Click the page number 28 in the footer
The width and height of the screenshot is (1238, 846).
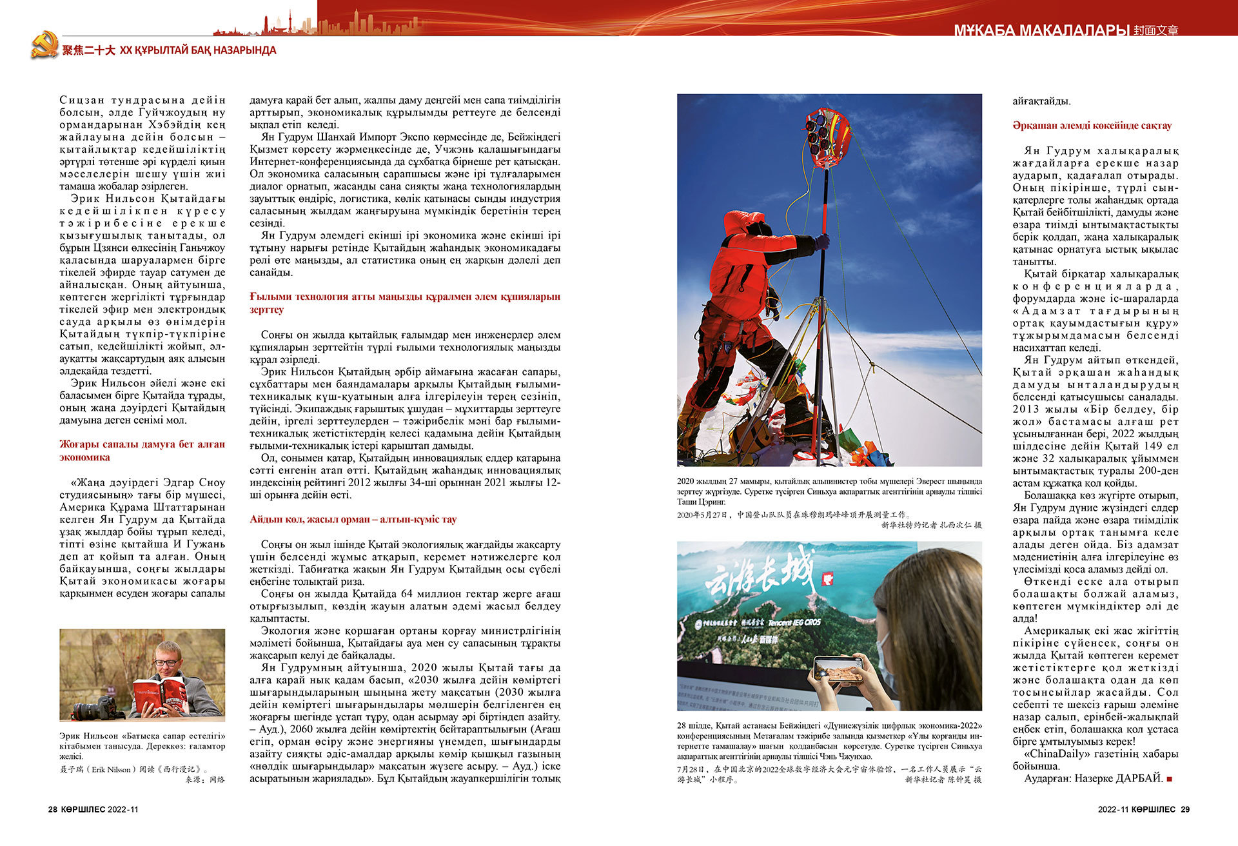point(53,809)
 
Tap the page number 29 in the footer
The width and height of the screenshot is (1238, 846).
point(1185,809)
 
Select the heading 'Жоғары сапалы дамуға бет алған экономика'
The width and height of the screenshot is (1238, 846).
point(142,451)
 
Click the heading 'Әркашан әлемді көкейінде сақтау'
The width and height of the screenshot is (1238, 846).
point(1092,126)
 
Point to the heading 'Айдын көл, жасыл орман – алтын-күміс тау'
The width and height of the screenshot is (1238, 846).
point(353,520)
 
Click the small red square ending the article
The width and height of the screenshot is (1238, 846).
point(1170,779)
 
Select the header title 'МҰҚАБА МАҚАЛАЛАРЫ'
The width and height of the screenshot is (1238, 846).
point(1041,30)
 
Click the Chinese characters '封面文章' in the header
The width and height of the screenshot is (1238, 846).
point(1155,30)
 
